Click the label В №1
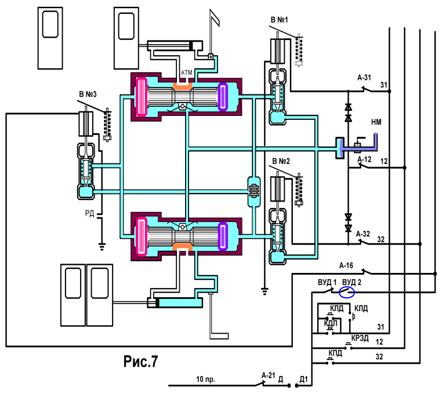coord(279,20)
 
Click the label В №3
coord(88,94)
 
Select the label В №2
coord(281,161)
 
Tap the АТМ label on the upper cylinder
coord(186,72)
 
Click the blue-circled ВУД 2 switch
coord(346,293)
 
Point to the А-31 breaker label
coord(364,78)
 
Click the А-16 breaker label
coord(346,265)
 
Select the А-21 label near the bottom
coord(268,375)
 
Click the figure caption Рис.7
coord(140,362)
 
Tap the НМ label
coord(376,122)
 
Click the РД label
coord(89,213)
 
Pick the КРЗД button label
coord(360,338)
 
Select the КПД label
coord(335,353)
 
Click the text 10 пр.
coord(205,379)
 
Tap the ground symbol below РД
coord(102,247)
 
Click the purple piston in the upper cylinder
coord(223,97)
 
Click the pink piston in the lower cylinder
coord(141,236)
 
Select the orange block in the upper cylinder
coord(182,86)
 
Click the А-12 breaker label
coord(364,160)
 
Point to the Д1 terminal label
coord(303,380)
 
